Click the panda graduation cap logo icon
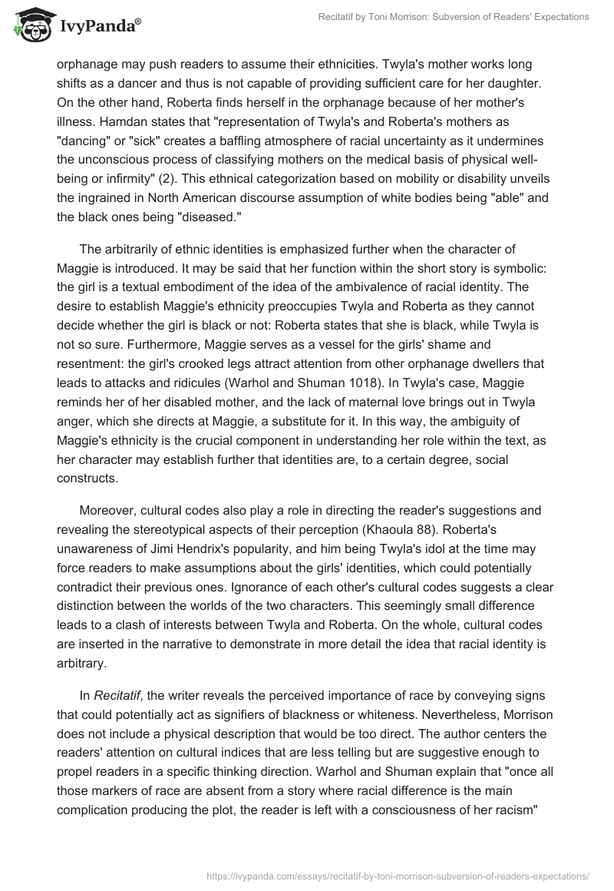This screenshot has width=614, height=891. (x=29, y=26)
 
